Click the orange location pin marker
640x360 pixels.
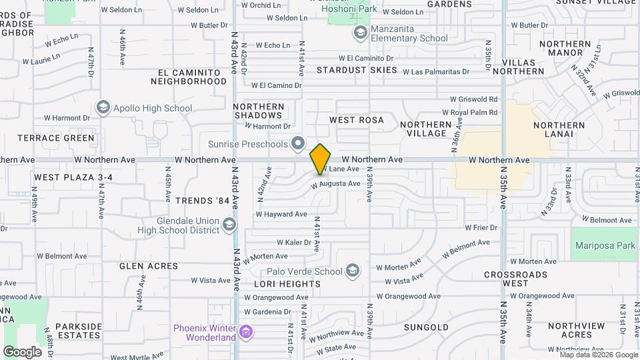321,159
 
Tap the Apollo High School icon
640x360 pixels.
103,107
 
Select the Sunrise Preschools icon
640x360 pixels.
298,144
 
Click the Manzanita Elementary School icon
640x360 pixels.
361,32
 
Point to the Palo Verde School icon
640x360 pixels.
353,271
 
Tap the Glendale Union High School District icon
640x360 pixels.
229,225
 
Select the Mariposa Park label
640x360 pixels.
605,245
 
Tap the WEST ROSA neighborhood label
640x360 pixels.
357,120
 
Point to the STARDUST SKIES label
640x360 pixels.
357,70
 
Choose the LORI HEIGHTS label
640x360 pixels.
279,283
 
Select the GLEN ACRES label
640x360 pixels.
149,266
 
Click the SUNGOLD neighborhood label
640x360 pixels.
427,327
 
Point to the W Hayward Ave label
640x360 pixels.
281,214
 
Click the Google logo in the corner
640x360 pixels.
22,351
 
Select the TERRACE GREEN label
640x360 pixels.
56,138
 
